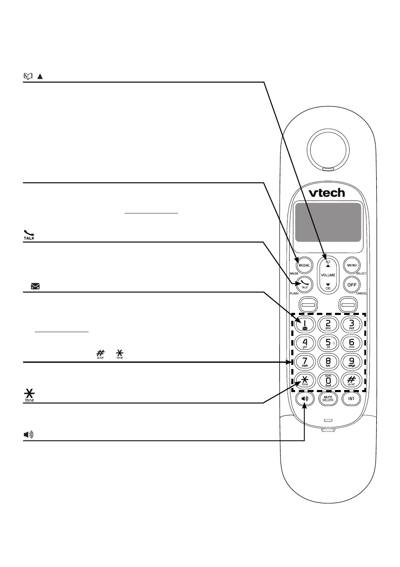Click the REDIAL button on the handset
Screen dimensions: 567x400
pos(304,265)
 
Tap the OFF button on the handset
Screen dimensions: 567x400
pos(352,285)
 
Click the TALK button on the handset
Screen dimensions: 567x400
pos(305,285)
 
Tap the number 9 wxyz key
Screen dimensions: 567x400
pos(352,362)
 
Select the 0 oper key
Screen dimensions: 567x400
pos(328,380)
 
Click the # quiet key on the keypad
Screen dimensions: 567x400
pos(352,380)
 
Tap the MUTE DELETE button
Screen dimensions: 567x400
pos(328,399)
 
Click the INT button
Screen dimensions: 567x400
pos(352,399)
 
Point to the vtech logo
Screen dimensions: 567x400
pos(327,192)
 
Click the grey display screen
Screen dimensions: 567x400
pos(328,222)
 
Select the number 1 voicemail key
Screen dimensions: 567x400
pos(305,324)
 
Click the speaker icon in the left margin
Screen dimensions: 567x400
pos(28,434)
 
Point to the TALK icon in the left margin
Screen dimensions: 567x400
pos(29,235)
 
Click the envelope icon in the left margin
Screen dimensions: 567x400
pos(35,287)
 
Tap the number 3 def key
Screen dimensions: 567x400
pos(352,324)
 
